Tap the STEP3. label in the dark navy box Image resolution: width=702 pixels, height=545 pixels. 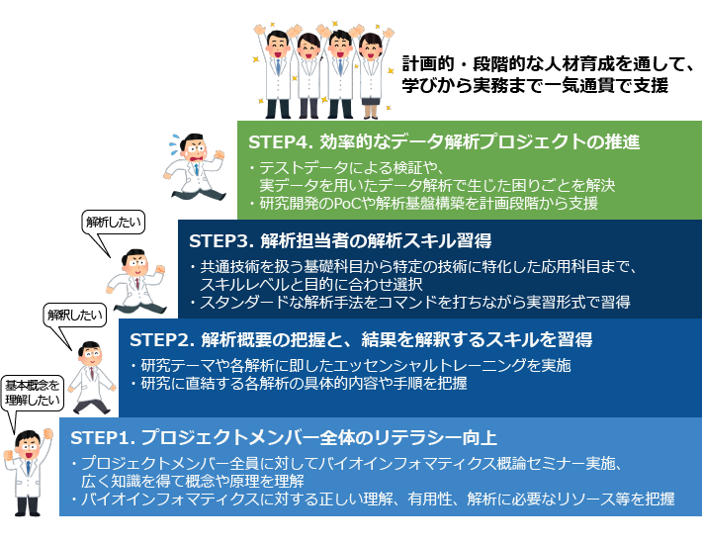[219, 240]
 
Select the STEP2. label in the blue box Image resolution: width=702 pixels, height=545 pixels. [159, 339]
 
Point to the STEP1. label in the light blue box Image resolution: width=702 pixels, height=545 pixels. [100, 437]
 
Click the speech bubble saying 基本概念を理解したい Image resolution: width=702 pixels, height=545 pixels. [32, 394]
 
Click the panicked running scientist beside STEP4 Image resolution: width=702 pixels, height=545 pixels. [194, 163]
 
